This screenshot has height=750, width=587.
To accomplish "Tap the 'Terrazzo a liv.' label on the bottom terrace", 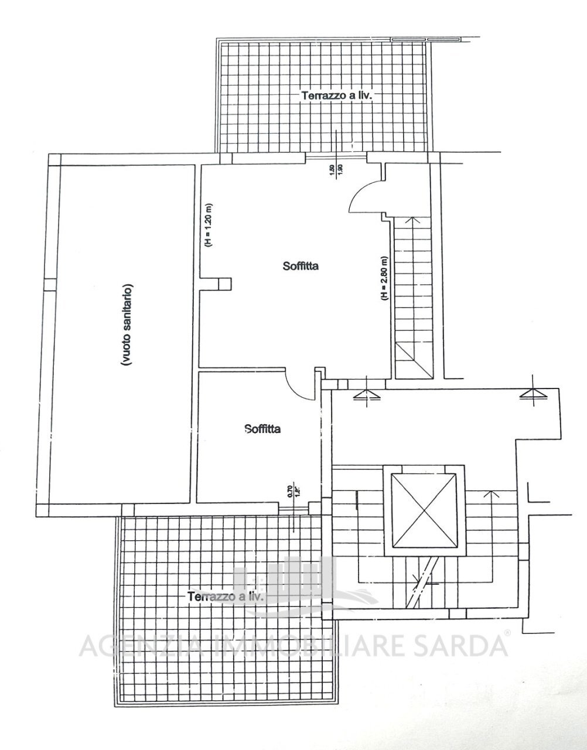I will pos(226,596).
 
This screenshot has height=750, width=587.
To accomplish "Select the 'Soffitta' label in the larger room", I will pos(300,267).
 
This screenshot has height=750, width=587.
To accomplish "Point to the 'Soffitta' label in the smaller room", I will pos(262,429).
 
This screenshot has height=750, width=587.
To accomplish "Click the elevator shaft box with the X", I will pos(424,510).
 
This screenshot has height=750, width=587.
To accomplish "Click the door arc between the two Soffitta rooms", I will pos(299,386).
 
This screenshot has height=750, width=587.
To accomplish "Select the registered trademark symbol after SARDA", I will pos(507,634).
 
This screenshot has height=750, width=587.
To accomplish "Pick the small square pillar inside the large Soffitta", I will pos(224,284).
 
